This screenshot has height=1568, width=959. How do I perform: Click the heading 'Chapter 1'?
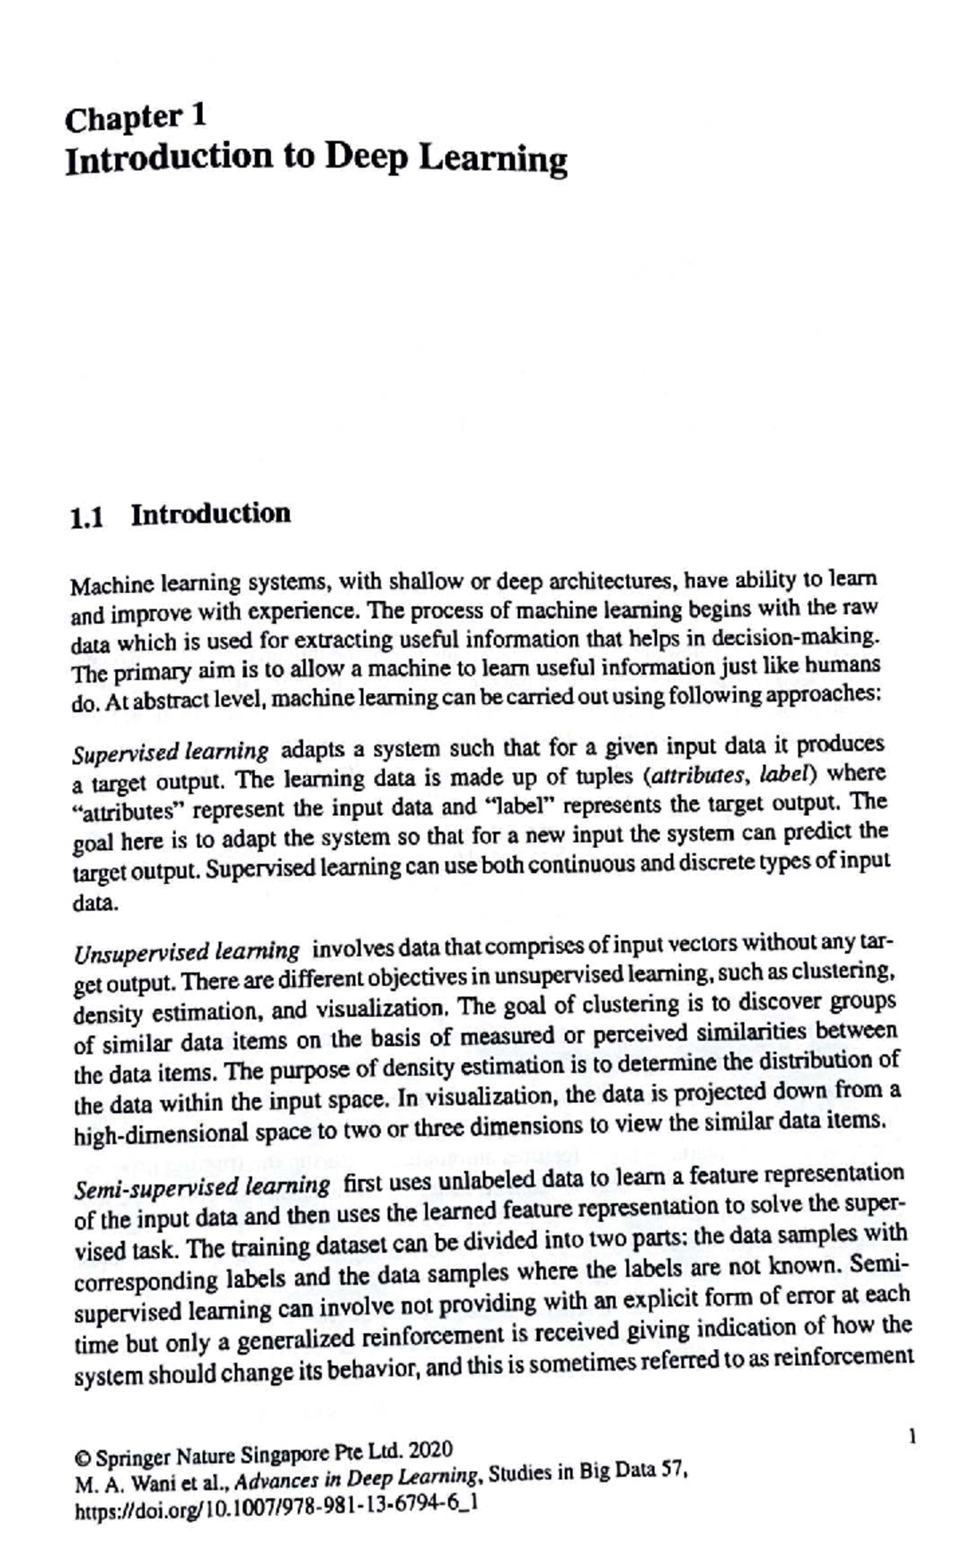coord(136,118)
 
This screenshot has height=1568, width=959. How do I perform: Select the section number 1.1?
coord(87,519)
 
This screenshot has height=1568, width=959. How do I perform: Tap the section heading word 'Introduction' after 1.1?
coord(211,514)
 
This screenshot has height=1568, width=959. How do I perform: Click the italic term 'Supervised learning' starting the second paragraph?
coord(170,753)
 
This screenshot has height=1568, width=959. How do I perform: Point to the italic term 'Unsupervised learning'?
coord(186,953)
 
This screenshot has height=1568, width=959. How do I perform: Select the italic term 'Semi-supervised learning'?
coord(201,1186)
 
